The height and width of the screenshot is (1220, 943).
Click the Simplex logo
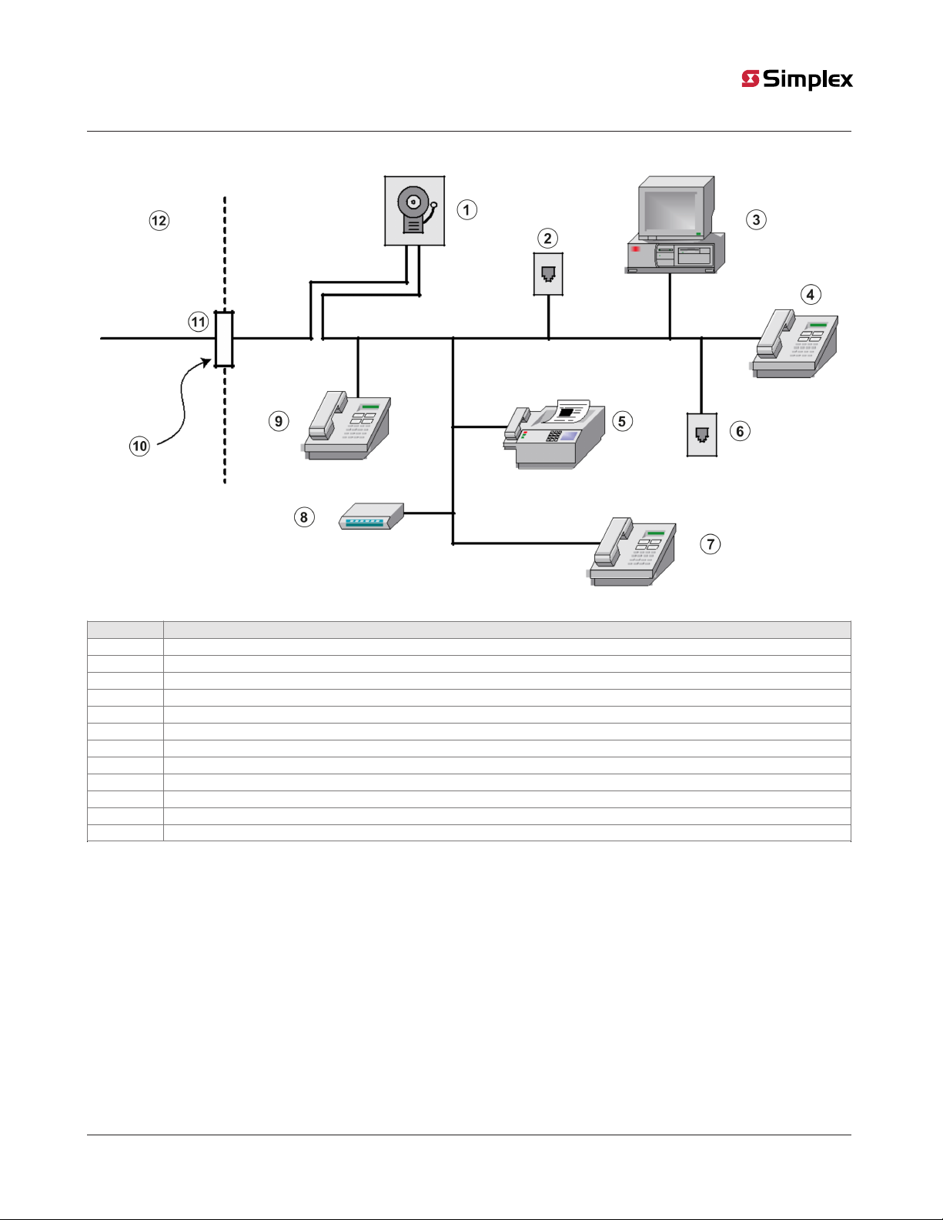coord(798,79)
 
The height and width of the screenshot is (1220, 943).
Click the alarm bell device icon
coord(415,211)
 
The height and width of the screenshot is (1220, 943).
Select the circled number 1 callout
coord(466,209)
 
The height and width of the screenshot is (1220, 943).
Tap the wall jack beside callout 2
coord(548,274)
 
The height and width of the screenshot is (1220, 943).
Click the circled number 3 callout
coord(756,220)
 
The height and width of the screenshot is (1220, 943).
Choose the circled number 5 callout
coord(622,421)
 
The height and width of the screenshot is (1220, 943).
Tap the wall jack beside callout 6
coord(701,435)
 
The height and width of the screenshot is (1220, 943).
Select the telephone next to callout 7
coord(634,552)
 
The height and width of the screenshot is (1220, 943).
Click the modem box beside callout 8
coord(372,516)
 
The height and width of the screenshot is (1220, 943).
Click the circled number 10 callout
coord(139,446)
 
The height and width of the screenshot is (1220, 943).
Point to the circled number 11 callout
coord(199,322)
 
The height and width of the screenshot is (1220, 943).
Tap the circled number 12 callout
coord(159,221)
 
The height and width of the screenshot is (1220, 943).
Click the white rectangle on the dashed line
coord(224,339)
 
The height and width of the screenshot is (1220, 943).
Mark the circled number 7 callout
coord(711,544)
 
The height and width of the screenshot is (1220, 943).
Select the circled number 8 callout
coord(304,517)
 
